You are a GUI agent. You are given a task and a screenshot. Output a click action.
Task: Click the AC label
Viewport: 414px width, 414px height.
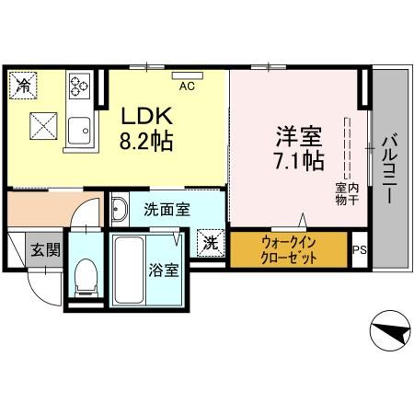[x=186, y=86]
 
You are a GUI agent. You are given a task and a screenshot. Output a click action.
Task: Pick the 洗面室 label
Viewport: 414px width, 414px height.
[x=167, y=209]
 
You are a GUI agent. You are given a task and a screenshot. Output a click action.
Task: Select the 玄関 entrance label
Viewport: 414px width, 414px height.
[x=43, y=248]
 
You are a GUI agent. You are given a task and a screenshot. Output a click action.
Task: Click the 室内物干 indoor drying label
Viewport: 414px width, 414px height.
[x=346, y=195]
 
